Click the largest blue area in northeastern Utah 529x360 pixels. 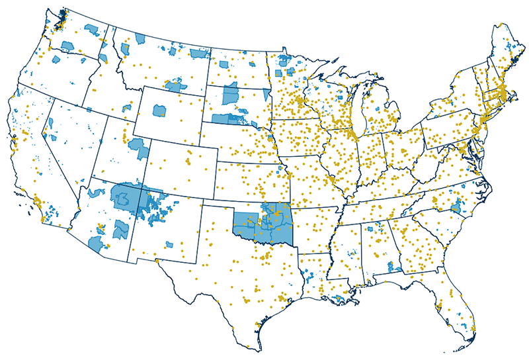click(x=139, y=148)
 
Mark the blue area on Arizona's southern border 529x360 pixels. click(x=97, y=242)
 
